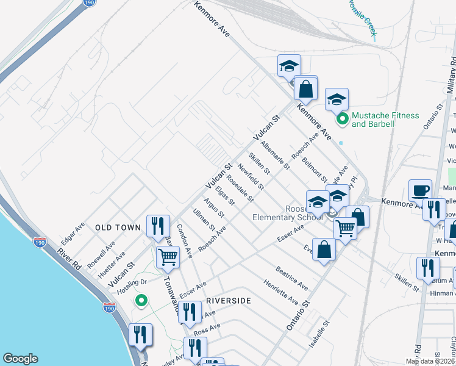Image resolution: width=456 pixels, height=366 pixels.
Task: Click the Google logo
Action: click(20, 359)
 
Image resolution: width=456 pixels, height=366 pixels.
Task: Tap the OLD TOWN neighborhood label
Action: click(118, 228)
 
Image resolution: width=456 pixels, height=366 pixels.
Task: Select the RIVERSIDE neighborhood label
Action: click(229, 301)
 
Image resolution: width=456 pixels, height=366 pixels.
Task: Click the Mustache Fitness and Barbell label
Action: click(385, 120)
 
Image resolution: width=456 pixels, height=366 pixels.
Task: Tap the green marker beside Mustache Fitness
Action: click(342, 118)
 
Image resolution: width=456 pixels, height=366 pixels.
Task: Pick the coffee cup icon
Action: click(420, 190)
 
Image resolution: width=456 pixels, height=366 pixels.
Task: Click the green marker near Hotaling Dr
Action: click(141, 300)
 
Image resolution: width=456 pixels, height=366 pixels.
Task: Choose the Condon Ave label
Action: click(185, 240)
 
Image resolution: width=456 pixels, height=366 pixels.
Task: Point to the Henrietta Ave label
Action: click(281, 292)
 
